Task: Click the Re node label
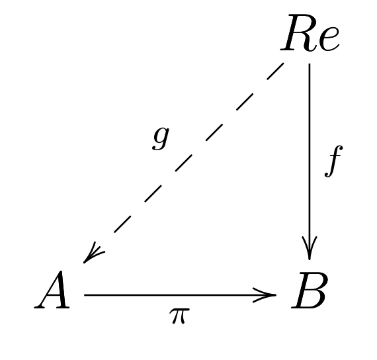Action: click(310, 33)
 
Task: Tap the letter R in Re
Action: click(298, 33)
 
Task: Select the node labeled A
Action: click(52, 290)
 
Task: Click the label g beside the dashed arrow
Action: click(161, 138)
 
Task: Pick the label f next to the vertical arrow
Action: click(334, 161)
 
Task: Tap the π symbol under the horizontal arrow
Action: click(179, 316)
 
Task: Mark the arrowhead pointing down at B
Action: click(309, 249)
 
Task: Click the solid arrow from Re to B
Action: click(309, 161)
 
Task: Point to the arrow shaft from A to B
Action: click(181, 294)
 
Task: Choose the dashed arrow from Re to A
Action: click(184, 163)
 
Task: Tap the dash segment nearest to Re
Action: click(276, 71)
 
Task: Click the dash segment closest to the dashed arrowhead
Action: click(122, 224)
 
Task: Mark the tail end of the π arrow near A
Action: click(85, 294)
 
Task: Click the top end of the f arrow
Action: click(309, 64)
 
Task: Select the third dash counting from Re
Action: click(214, 132)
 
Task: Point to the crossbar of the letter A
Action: click(54, 296)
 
